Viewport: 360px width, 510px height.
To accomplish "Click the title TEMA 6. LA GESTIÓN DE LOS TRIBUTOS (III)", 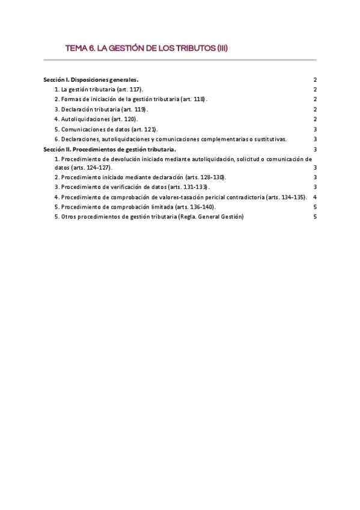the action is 146,48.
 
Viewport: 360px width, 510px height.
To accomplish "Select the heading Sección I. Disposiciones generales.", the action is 91,79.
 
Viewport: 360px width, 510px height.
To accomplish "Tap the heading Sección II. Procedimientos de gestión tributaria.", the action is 109,149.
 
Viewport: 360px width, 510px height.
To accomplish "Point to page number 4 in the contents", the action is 314,197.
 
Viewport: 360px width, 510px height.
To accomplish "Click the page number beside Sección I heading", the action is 314,79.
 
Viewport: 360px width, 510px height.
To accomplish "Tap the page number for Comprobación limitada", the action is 314,207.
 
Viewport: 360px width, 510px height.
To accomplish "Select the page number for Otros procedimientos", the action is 314,217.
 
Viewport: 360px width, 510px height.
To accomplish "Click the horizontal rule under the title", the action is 180,60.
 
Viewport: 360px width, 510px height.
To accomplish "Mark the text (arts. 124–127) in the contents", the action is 91,167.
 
